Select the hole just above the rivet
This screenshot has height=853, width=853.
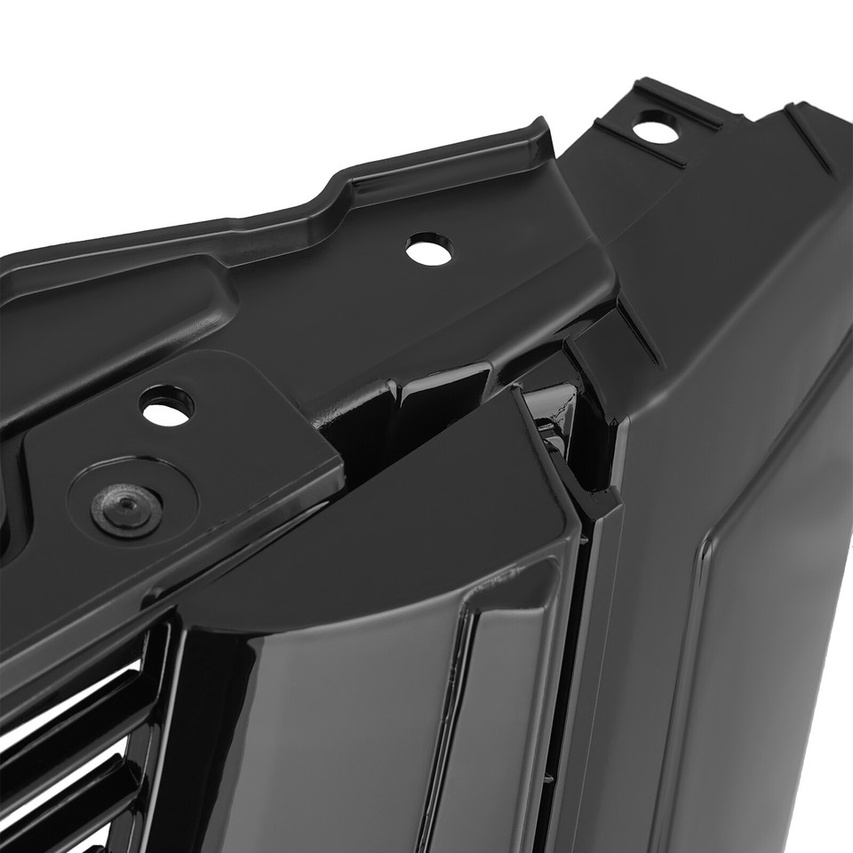pos(167,406)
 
